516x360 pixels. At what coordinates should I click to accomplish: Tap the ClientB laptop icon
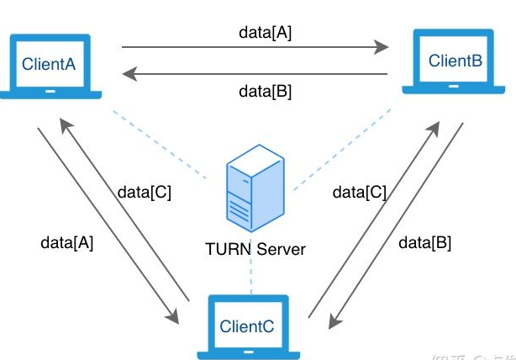(455, 63)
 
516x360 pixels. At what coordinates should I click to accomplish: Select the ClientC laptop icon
(246, 326)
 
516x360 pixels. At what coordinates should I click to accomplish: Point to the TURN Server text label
(255, 249)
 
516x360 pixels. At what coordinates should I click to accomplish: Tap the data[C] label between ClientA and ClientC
(144, 192)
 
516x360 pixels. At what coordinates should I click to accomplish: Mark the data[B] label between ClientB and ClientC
(424, 242)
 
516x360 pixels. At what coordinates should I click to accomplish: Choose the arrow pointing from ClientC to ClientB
(375, 219)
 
